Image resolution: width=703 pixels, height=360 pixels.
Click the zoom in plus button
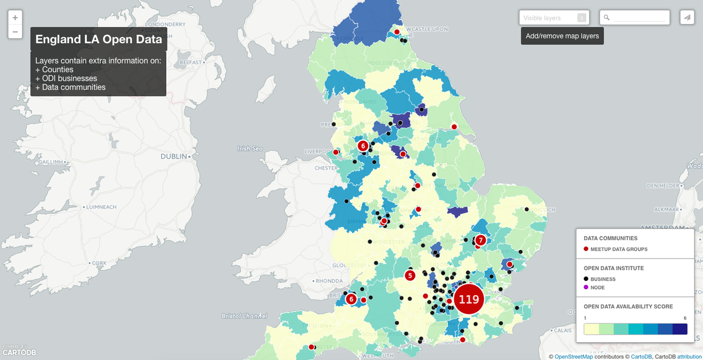pyautogui.click(x=15, y=18)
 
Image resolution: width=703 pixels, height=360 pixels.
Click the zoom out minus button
pyautogui.click(x=15, y=32)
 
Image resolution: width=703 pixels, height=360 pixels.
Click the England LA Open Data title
pyautogui.click(x=98, y=40)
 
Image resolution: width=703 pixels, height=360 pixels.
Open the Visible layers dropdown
pyautogui.click(x=554, y=18)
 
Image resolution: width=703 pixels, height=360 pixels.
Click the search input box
pyautogui.click(x=639, y=18)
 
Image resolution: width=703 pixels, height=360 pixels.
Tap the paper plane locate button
pyautogui.click(x=687, y=18)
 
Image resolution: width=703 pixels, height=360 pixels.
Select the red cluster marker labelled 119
pyautogui.click(x=468, y=299)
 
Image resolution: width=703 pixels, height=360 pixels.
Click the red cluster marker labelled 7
pyautogui.click(x=480, y=240)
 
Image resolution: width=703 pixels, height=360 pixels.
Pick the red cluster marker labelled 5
pyautogui.click(x=410, y=275)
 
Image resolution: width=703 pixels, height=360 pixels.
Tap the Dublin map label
pyautogui.click(x=174, y=157)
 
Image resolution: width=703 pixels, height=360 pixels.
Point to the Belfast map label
pyautogui.click(x=190, y=62)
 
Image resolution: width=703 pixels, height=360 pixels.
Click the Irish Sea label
pyautogui.click(x=250, y=148)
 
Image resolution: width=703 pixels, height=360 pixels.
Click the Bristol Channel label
pyautogui.click(x=244, y=316)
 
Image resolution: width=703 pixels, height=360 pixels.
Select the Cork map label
pyautogui.click(x=99, y=263)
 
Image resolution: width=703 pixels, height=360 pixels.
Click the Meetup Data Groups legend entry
pyautogui.click(x=619, y=249)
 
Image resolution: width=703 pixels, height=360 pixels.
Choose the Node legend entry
pyautogui.click(x=597, y=287)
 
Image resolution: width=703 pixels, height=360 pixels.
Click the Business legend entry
pyautogui.click(x=603, y=279)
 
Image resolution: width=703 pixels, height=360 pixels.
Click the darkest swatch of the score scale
pyautogui.click(x=680, y=329)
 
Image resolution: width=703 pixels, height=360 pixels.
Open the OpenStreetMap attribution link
pyautogui.click(x=573, y=356)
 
